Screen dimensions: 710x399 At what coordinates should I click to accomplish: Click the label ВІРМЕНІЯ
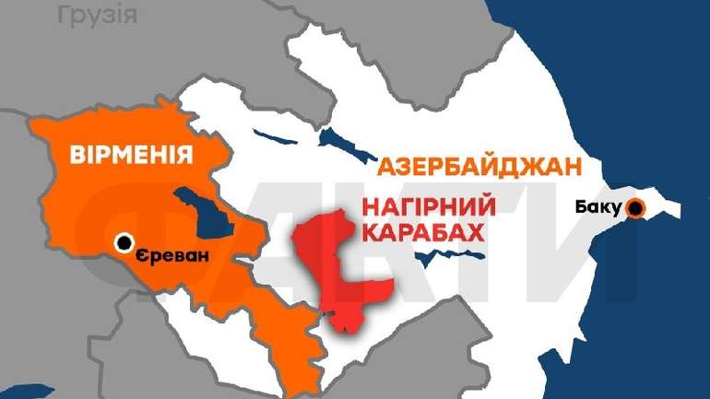(132, 154)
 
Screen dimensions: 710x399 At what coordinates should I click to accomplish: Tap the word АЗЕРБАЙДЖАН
(480, 168)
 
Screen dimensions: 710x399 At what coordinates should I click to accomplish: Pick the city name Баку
(597, 206)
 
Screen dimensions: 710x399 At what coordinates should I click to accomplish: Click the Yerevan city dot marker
(124, 243)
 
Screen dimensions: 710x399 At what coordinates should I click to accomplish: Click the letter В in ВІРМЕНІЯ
(78, 154)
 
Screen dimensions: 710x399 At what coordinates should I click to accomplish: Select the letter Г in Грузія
(63, 14)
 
